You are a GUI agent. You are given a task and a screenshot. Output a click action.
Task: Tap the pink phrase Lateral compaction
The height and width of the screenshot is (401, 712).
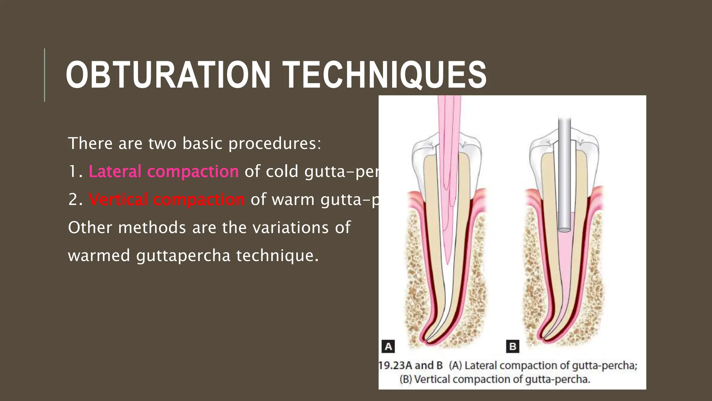[163, 171]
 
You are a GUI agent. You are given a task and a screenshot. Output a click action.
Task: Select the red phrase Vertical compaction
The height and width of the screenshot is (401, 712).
[167, 199]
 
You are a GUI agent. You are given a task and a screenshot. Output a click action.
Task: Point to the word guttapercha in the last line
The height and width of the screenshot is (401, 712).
[183, 255]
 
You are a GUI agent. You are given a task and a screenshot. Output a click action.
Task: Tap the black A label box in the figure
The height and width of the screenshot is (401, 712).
[388, 346]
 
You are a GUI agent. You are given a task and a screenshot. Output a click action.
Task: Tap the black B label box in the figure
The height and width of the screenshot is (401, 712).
[512, 346]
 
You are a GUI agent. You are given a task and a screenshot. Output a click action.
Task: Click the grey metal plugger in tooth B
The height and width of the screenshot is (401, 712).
[564, 174]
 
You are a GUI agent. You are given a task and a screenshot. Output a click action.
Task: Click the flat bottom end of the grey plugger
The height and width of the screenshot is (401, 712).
[564, 230]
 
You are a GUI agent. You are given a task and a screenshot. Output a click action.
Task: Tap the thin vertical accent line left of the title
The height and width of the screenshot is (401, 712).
[44, 75]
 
